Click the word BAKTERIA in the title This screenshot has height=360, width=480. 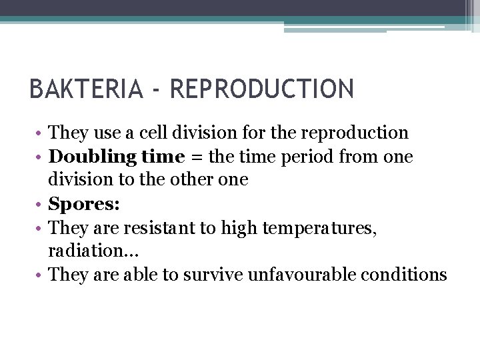click(86, 89)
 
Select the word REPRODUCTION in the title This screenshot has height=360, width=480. click(262, 89)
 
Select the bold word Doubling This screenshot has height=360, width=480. click(91, 157)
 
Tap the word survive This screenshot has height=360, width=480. click(213, 274)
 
